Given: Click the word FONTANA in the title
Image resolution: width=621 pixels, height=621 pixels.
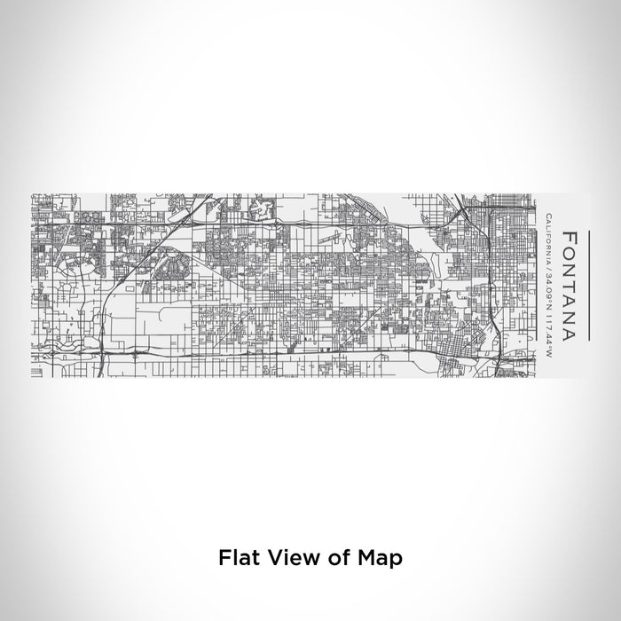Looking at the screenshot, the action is [570, 287].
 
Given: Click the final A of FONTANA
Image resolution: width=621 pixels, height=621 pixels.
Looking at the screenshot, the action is [570, 334].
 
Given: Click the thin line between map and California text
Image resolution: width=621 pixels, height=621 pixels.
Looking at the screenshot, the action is [537, 284].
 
